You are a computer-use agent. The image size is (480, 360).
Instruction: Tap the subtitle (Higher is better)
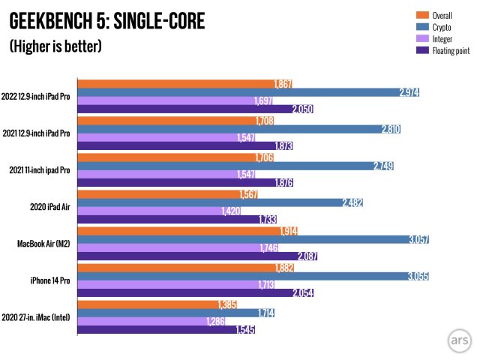[x=55, y=46]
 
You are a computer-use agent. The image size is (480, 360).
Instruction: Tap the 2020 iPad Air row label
[x=50, y=207]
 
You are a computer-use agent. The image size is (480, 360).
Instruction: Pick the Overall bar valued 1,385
[x=150, y=304]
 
